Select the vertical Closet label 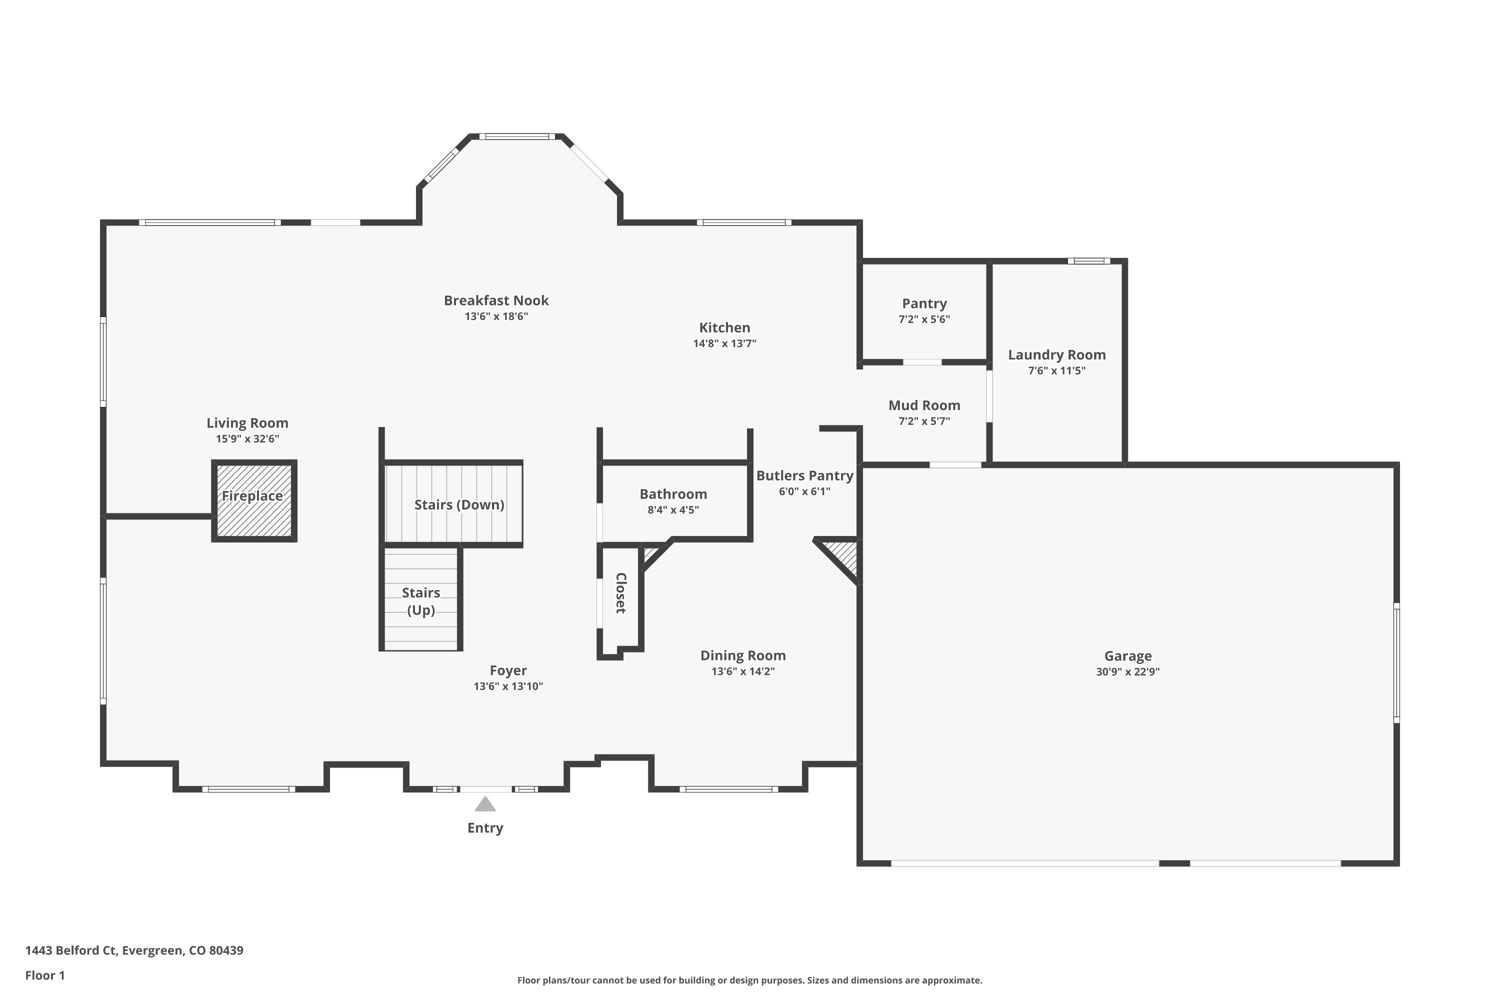click(620, 592)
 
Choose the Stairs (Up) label click(421, 601)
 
